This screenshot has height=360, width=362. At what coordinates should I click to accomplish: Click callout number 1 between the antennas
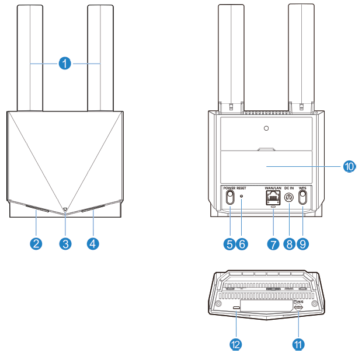tap(65, 62)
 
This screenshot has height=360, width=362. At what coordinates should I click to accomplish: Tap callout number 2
tap(36, 243)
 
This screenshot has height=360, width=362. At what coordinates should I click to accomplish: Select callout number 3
tap(65, 243)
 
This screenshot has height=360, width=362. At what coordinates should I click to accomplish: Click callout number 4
tap(92, 243)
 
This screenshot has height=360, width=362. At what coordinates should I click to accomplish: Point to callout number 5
tap(229, 243)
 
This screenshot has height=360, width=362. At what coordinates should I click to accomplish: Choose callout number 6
tap(242, 243)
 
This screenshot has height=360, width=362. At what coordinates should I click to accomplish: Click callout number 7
tap(273, 243)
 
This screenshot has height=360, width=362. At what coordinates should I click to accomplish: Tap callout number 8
tap(288, 243)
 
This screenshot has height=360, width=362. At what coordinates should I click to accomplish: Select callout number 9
tap(302, 243)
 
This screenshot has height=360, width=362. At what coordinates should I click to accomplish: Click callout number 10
tap(349, 166)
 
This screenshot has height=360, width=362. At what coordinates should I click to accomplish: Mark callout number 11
tap(298, 344)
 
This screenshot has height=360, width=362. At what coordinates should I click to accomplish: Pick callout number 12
tap(236, 344)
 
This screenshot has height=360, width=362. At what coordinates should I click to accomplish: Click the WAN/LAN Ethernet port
tap(273, 197)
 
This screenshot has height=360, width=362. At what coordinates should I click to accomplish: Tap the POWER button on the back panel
tap(229, 197)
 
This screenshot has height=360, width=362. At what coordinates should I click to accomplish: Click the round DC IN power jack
tap(288, 197)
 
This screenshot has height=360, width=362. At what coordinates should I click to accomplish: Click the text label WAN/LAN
tap(273, 188)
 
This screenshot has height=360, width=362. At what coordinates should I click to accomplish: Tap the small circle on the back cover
tap(266, 128)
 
